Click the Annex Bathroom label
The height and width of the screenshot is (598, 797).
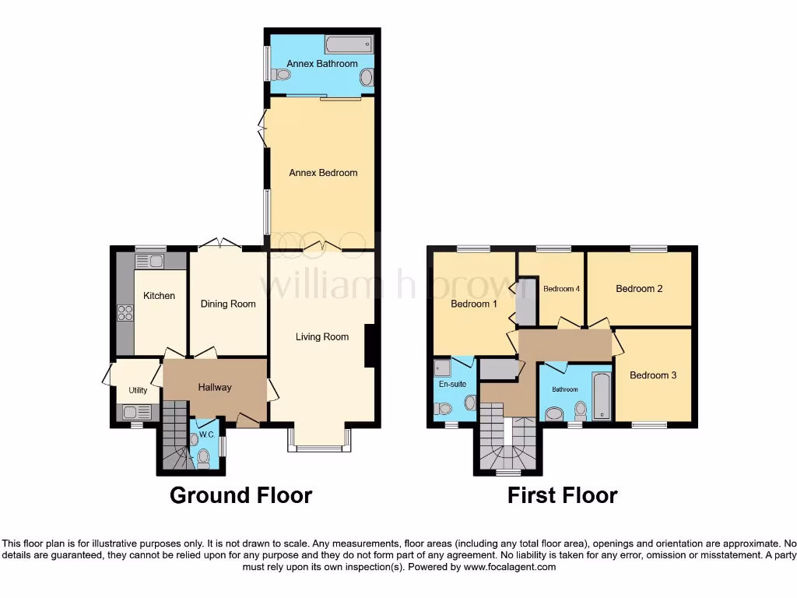click(321, 63)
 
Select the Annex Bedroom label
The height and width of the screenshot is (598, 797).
click(323, 172)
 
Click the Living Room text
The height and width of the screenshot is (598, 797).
click(321, 337)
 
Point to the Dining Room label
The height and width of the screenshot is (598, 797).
click(228, 304)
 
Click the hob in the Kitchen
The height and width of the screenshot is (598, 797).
click(125, 313)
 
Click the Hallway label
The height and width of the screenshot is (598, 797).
click(214, 387)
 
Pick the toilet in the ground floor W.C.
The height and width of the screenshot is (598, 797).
click(204, 457)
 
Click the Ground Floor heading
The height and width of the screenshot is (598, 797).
click(241, 495)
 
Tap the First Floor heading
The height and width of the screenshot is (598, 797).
click(562, 495)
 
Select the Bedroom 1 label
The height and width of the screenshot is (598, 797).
click(474, 304)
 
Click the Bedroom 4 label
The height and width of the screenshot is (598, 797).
click(560, 289)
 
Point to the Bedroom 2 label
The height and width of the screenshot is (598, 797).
click(639, 289)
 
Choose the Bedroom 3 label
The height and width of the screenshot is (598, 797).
click(653, 375)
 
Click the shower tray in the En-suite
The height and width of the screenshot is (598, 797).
click(442, 368)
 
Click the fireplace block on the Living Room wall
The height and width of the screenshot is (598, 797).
click(370, 345)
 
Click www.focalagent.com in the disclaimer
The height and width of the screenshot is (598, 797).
click(509, 568)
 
